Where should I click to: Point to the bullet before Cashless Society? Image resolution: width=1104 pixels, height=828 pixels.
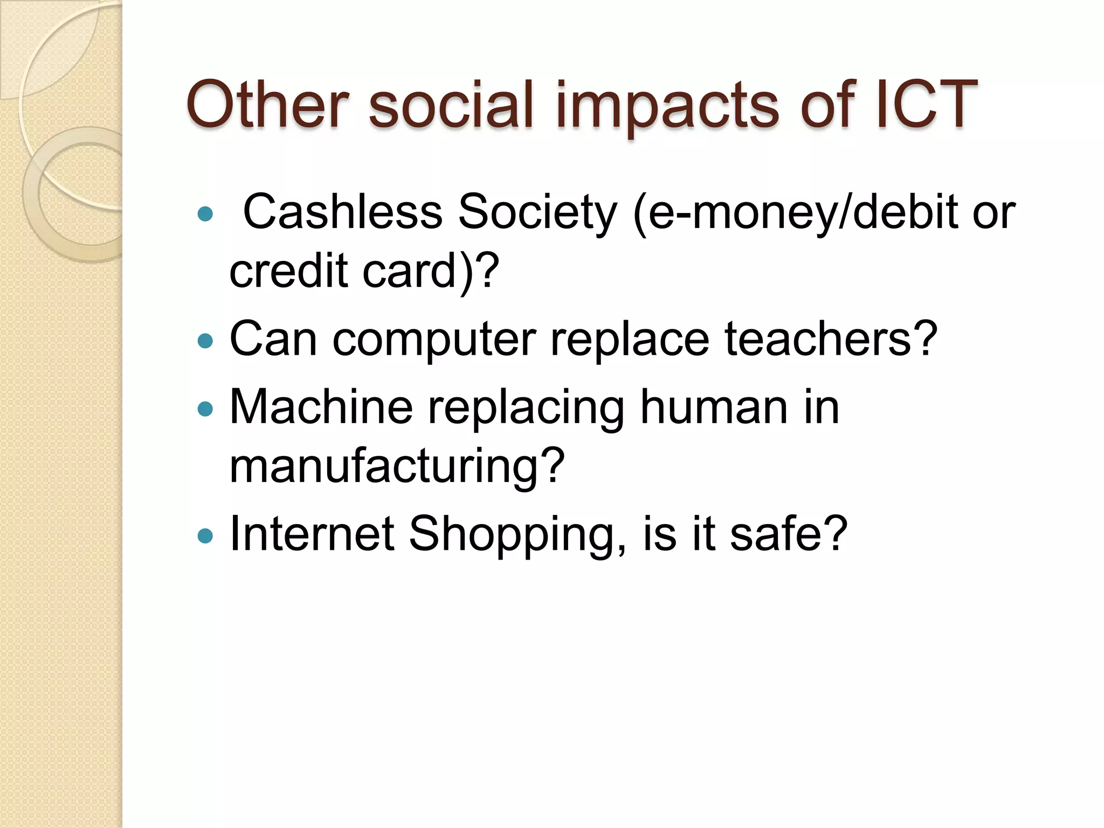coord(205,215)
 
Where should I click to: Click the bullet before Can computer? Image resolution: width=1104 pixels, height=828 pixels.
coord(205,341)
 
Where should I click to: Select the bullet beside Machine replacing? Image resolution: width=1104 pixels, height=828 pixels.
coord(205,409)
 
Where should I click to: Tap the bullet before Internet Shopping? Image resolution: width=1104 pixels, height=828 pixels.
coord(205,536)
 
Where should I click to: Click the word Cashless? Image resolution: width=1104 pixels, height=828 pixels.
coord(343,212)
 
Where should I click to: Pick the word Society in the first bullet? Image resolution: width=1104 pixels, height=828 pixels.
coord(537,212)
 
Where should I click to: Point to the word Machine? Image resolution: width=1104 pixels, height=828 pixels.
coord(321,407)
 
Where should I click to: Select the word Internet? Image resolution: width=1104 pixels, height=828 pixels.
coord(312,534)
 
